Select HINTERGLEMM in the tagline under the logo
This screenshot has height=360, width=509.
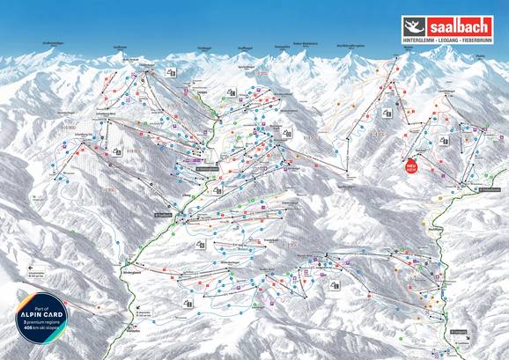coord(422,40)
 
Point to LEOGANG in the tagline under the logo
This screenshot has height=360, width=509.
coord(452,40)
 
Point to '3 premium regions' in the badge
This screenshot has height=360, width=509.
coord(41,327)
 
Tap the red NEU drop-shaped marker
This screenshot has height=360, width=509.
coord(410,165)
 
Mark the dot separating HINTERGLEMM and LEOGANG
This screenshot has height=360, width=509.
coord(440,40)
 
